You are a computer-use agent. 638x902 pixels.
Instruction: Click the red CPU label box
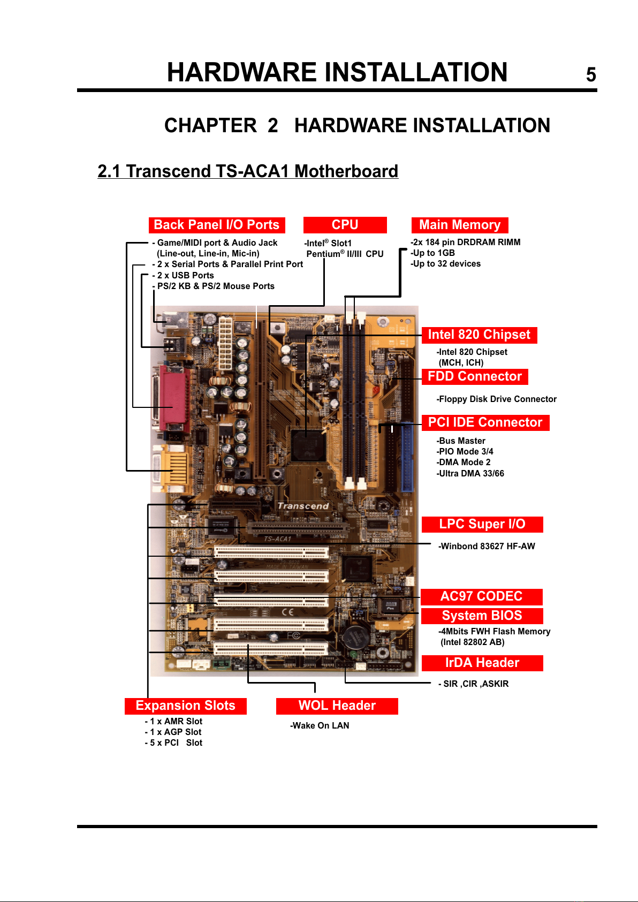pos(345,225)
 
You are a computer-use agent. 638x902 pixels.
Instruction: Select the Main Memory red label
pos(460,225)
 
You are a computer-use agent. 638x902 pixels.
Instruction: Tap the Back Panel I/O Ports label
pos(217,225)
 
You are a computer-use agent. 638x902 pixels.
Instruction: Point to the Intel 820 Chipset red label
pos(479,335)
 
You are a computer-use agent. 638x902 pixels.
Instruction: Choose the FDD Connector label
pos(475,376)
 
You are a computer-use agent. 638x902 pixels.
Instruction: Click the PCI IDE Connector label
pos(485,423)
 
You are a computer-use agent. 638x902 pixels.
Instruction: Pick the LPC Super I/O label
pos(482,524)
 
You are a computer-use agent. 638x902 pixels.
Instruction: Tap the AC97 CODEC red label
pos(481,597)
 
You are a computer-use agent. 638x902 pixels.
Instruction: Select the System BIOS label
pos(482,616)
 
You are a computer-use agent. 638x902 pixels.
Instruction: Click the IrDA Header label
pos(482,663)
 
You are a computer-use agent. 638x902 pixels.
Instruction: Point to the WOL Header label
pos(337,706)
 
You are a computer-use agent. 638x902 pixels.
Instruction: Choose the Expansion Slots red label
pos(186,706)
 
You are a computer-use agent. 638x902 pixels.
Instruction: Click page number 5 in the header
pos(590,74)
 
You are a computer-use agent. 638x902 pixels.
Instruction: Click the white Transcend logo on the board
pos(303,506)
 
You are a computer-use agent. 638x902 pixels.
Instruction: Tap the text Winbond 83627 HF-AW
pos(487,547)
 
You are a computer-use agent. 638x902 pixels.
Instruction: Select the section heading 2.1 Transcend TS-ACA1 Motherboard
pos(248,171)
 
